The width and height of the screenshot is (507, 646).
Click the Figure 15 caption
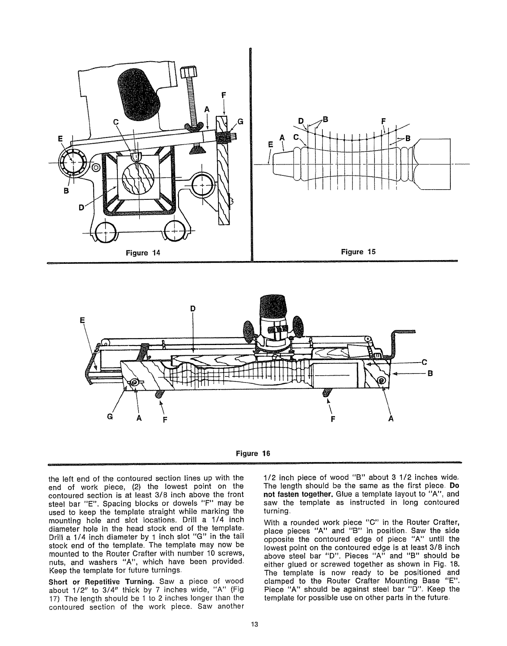tap(357, 252)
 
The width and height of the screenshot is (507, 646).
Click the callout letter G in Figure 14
tap(240, 121)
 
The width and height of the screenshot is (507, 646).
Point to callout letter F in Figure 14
tap(223, 96)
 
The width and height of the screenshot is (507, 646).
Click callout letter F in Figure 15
tap(383, 121)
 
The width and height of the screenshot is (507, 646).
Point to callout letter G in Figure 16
tap(109, 418)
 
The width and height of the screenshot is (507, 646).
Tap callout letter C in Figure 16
tap(424, 361)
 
